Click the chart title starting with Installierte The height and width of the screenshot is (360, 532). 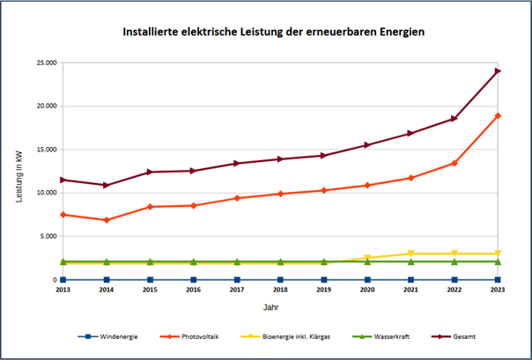pos(273,32)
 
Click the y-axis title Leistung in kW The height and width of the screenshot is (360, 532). pos(18,176)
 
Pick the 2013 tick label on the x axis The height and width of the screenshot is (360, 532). pos(63,289)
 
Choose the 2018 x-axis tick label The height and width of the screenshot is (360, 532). pos(280,289)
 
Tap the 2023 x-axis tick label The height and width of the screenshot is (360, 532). pos(498,289)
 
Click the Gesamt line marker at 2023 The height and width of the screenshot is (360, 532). pos(498,70)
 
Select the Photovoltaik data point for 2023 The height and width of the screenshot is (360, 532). pos(498,115)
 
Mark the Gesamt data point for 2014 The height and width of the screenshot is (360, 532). pos(107,185)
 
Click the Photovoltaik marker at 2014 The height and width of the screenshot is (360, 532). pos(107,220)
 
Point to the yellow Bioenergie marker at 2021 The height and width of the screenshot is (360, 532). pos(410,253)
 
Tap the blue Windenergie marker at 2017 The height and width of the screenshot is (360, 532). pos(237,279)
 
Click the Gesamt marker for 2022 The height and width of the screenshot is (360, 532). pos(454,118)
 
